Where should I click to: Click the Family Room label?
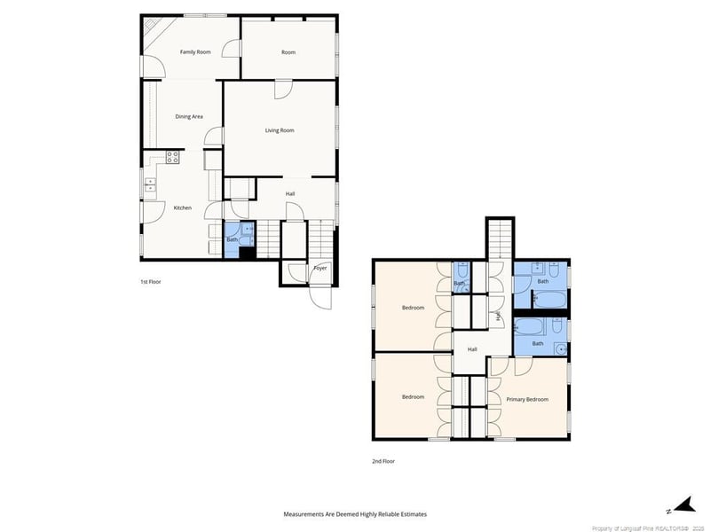195,52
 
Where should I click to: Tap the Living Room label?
280,130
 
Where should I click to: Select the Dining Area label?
189,116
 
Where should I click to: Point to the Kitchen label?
182,207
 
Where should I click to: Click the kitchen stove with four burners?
173,157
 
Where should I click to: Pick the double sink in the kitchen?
149,185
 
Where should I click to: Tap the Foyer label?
319,268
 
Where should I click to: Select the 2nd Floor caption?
383,461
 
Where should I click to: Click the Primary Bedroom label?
527,399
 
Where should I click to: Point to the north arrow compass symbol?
680,507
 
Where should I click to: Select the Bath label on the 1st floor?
232,239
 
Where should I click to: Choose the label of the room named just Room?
288,52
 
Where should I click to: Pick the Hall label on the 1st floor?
290,193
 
